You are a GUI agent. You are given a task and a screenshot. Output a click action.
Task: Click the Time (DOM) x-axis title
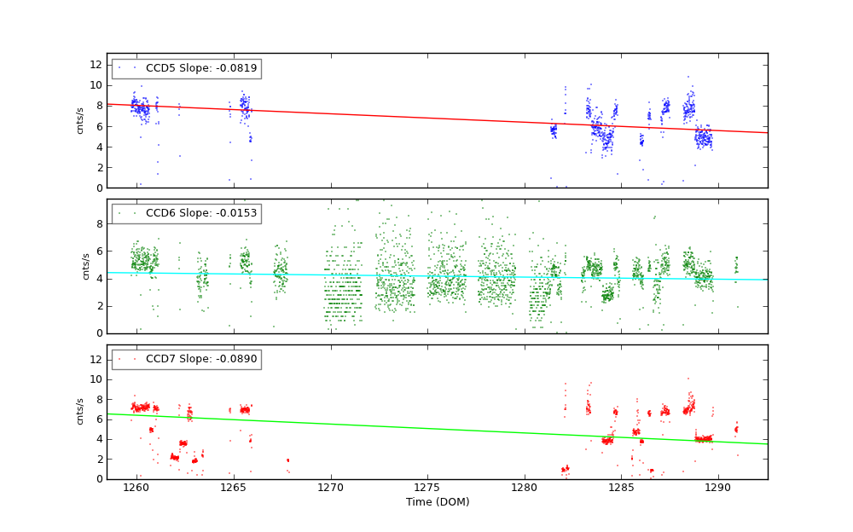(x=437, y=502)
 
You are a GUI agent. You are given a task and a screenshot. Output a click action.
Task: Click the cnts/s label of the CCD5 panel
(x=80, y=120)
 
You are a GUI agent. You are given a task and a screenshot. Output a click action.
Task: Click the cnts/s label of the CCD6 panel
(x=85, y=266)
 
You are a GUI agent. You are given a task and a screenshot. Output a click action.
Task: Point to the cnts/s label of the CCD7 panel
(x=80, y=411)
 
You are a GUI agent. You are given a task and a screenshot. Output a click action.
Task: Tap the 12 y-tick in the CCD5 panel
(x=96, y=65)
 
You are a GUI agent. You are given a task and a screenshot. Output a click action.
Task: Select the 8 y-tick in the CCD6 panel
(x=98, y=224)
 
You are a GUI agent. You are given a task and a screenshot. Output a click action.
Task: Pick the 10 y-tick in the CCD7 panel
(x=96, y=379)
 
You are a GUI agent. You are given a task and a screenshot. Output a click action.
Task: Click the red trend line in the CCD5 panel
(x=426, y=119)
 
